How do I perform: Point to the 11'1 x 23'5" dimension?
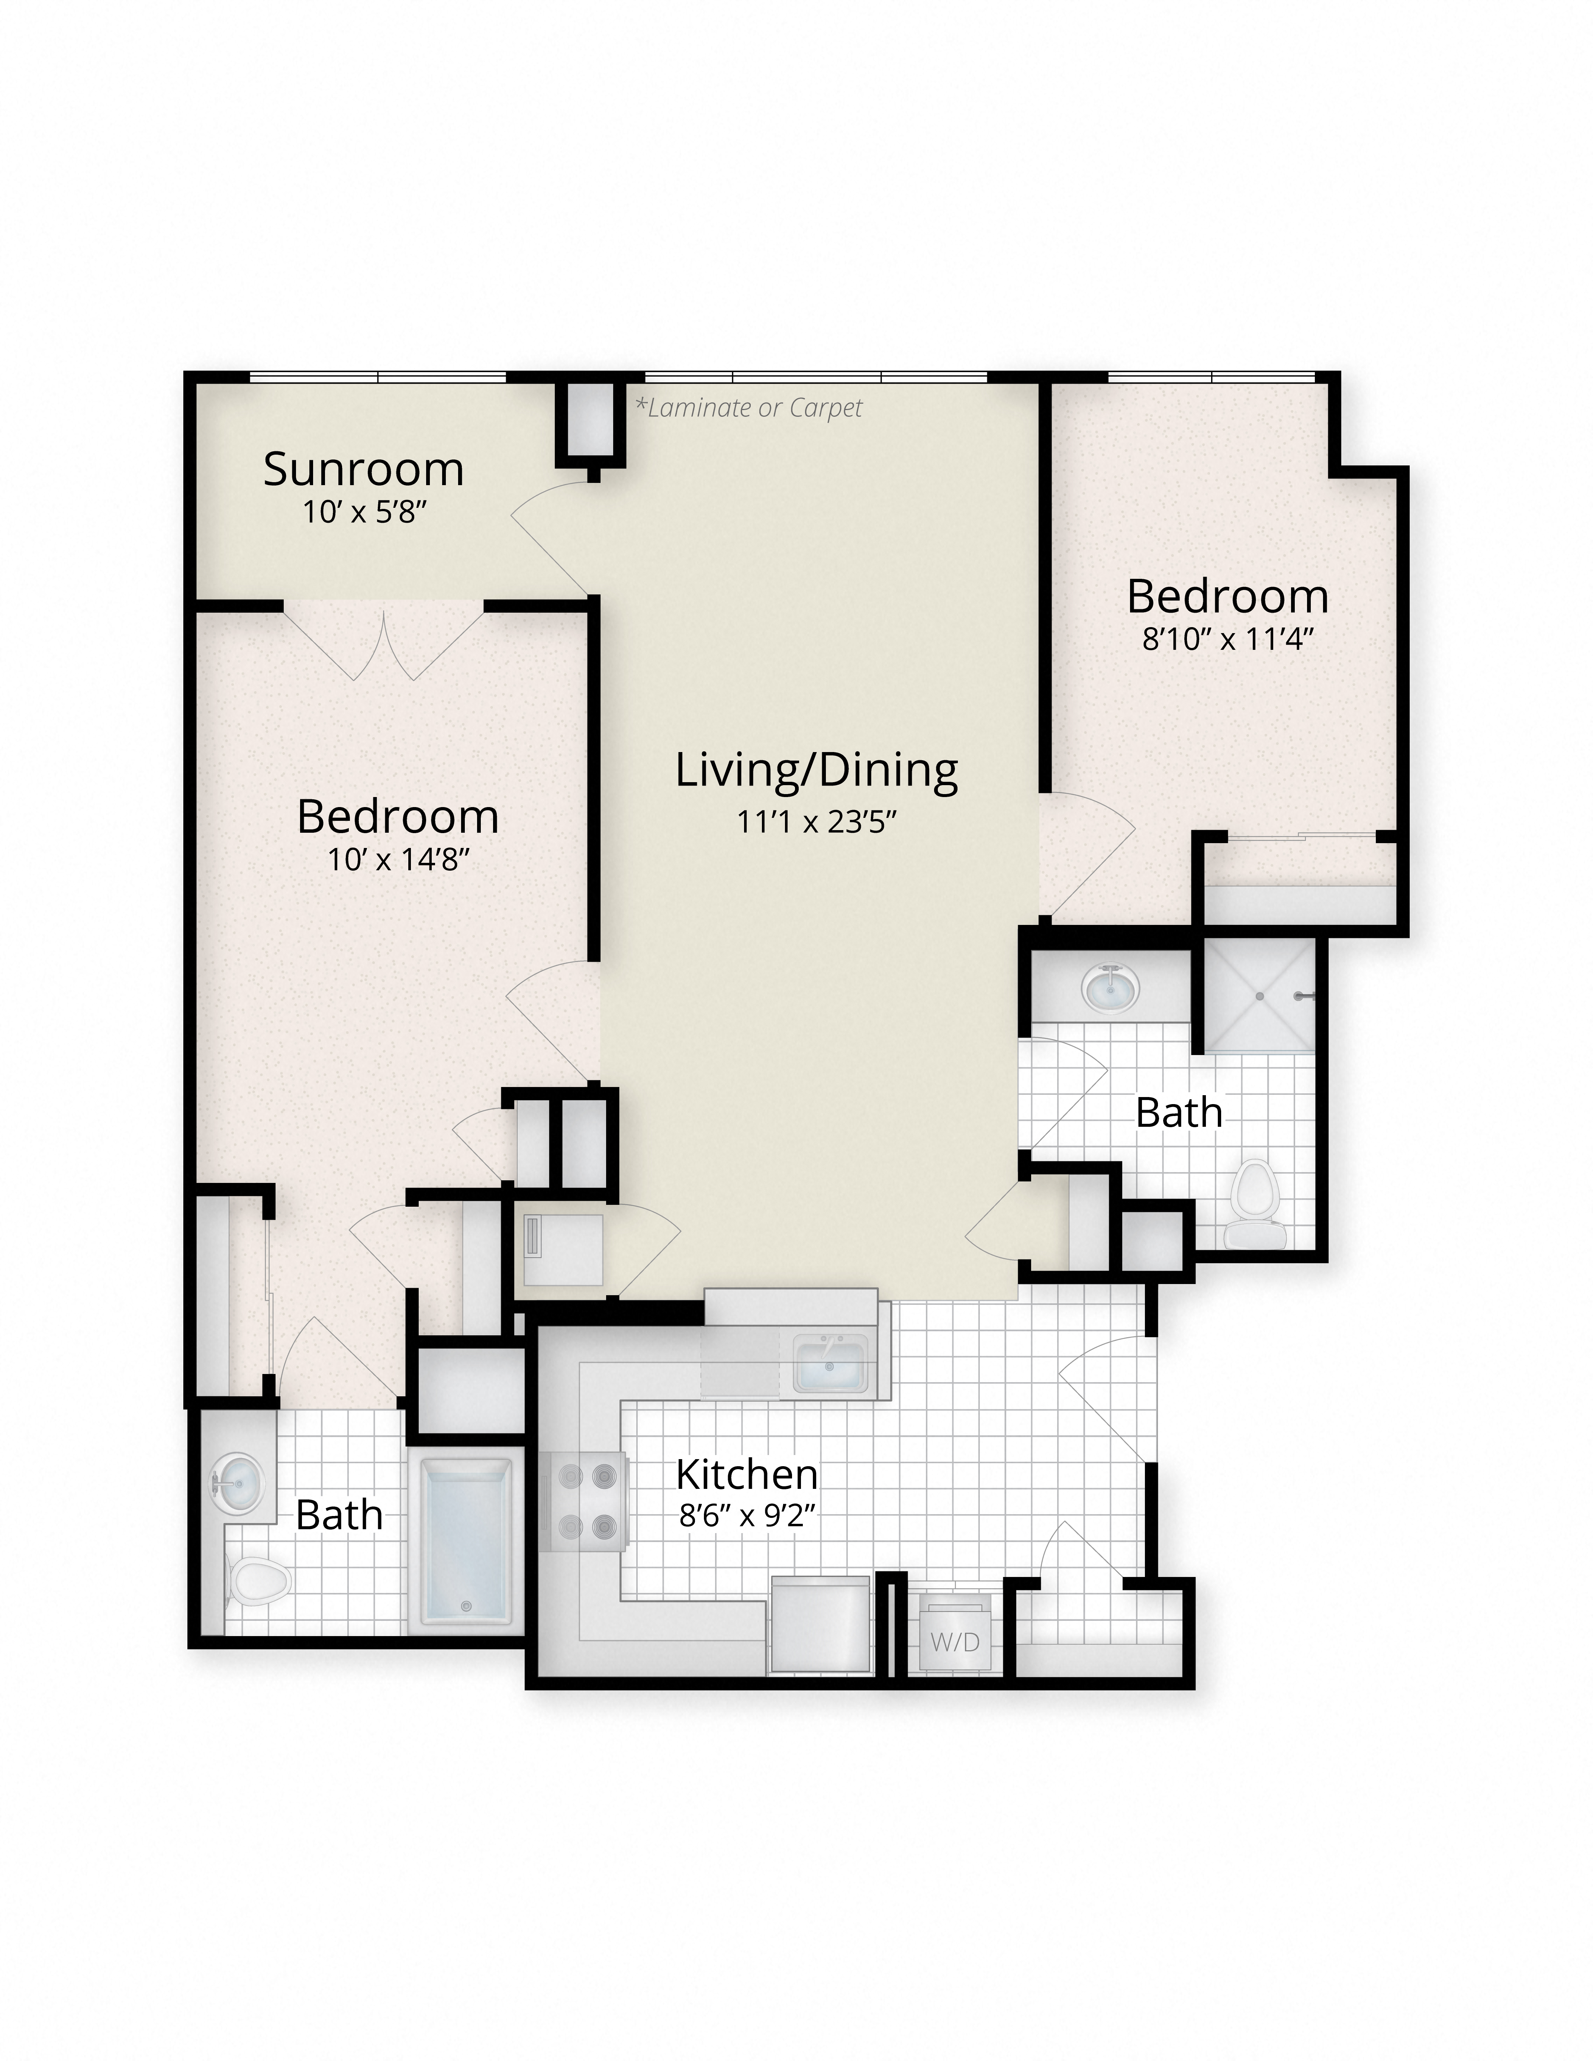pos(816,822)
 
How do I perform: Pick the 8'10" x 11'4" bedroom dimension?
pos(1228,640)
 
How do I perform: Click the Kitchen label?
pos(746,1474)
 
